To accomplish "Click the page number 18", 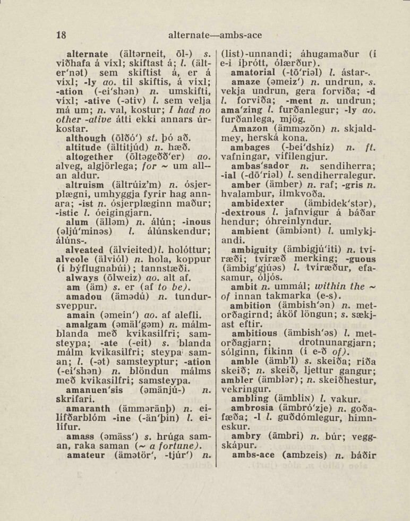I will pyautogui.click(x=61, y=36).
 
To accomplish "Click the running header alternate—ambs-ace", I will pyautogui.click(x=215, y=36).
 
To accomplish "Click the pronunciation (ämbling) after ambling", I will pyautogui.click(x=300, y=400).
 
